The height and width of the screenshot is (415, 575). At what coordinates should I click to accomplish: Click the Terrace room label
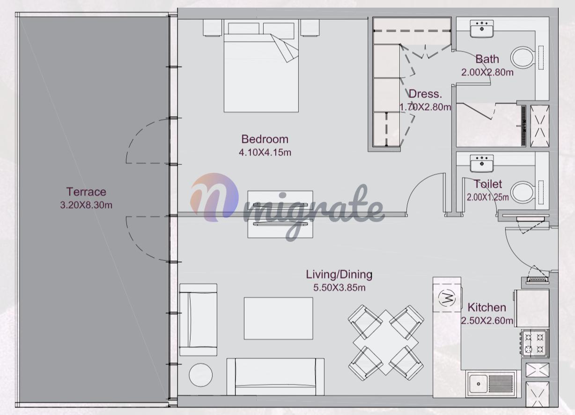(86, 192)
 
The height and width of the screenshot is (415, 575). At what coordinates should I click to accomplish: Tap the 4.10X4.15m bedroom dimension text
(265, 153)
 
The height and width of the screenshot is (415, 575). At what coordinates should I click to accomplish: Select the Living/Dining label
(339, 274)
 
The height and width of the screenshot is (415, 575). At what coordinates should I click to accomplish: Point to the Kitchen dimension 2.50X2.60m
(487, 320)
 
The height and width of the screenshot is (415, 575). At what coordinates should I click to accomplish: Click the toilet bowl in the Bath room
(523, 57)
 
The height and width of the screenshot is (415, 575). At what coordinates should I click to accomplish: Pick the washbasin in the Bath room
(481, 29)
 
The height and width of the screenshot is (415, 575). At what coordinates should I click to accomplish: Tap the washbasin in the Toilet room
(481, 163)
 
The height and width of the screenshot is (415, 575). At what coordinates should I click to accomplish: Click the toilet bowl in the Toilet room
(523, 192)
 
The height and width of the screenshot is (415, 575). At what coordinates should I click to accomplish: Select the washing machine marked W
(447, 298)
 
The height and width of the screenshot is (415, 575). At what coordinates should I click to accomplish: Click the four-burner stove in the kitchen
(535, 343)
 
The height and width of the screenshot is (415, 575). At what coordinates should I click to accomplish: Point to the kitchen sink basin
(478, 384)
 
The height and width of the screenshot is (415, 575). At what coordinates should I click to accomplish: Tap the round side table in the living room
(201, 375)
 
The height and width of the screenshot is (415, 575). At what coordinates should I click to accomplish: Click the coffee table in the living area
(278, 319)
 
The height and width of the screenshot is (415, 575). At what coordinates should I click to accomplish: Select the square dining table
(386, 342)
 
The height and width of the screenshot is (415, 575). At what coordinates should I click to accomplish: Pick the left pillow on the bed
(243, 29)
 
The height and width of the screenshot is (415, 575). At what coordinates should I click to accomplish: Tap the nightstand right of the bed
(310, 28)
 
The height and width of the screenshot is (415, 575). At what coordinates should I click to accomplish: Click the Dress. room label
(425, 94)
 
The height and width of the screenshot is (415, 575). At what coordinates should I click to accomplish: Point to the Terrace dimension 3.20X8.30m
(86, 205)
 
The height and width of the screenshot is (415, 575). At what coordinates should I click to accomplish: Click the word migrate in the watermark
(313, 213)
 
